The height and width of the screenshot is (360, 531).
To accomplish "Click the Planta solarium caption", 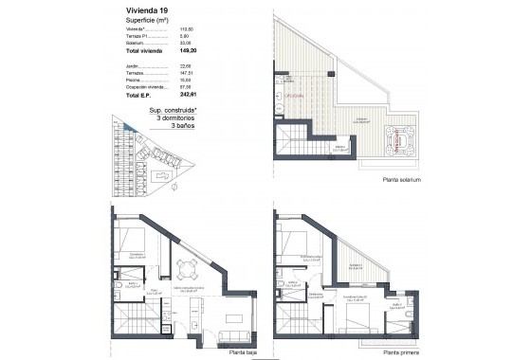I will pos(399,180).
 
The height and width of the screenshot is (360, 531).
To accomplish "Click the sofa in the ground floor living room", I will pos(230,335).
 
